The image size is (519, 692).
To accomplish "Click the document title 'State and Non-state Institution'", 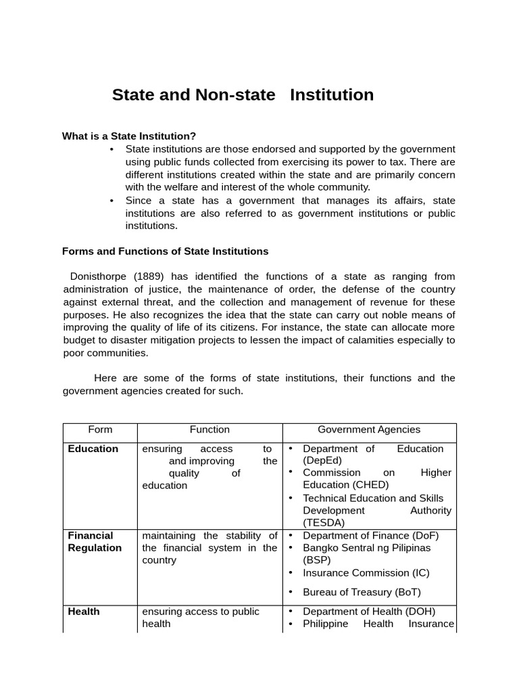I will (x=243, y=95).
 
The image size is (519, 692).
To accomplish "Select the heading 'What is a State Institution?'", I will (x=128, y=136).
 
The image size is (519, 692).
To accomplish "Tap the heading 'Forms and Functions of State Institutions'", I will (x=165, y=251).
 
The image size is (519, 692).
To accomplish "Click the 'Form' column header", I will (x=100, y=430).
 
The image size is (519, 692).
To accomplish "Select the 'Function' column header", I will (x=209, y=430).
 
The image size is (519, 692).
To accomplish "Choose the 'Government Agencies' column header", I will (x=369, y=430).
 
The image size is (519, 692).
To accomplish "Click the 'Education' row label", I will (x=93, y=449).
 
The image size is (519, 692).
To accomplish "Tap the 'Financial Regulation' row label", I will (x=95, y=542).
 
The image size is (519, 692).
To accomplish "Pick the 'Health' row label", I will (x=84, y=612).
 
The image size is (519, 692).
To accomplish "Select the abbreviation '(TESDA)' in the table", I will (x=323, y=522).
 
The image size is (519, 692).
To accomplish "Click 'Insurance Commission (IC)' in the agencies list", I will (x=366, y=573).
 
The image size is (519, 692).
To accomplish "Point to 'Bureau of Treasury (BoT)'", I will (x=362, y=593).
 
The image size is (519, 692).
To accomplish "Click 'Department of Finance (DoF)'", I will (x=370, y=536).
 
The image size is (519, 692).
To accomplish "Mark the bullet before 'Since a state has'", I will (x=111, y=201).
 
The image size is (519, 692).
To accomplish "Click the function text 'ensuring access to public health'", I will (x=201, y=618).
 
